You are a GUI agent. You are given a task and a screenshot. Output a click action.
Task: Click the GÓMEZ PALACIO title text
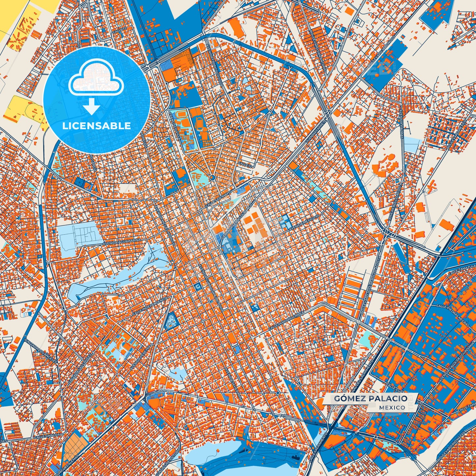coord(371,399)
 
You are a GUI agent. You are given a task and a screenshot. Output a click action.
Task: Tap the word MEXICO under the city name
coord(392,407)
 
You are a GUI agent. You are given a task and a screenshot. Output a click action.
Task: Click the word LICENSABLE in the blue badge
coord(97,126)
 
